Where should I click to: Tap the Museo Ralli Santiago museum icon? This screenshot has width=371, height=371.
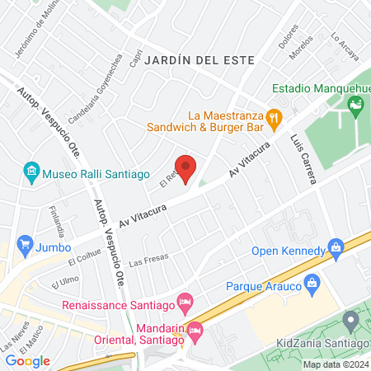[x=31, y=172]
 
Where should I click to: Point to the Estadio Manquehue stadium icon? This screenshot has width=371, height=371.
[x=356, y=105]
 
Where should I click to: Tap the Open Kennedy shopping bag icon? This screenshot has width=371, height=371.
[x=335, y=247]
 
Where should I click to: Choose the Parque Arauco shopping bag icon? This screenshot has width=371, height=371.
[x=312, y=286]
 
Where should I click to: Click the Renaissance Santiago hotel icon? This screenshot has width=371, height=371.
[x=185, y=301]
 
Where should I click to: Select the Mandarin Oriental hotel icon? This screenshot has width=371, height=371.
[x=195, y=331]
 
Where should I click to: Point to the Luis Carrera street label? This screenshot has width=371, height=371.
[x=303, y=161]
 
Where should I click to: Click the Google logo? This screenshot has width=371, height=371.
[x=28, y=360]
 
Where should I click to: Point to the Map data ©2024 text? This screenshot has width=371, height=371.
[x=335, y=364]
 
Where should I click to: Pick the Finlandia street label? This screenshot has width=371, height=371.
[x=56, y=220]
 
